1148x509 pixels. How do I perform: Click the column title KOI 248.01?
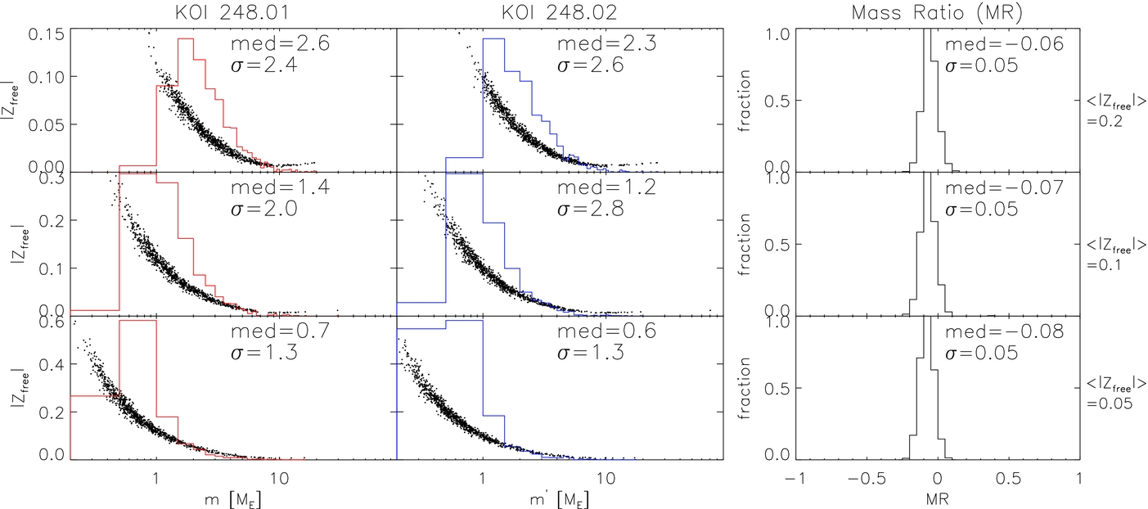232,12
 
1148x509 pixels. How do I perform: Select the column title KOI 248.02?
559,12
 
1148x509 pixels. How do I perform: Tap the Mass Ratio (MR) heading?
937,13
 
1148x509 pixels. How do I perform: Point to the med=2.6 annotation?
280,43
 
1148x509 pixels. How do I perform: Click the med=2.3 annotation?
607,43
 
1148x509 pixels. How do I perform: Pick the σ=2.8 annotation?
591,209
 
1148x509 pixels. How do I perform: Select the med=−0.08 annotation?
1004,331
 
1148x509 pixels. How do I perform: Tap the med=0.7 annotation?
280,331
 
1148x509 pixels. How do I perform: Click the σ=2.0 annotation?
264,209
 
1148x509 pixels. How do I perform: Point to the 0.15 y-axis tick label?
47,34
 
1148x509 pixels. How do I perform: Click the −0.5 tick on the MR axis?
867,479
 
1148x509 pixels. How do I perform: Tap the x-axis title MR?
938,498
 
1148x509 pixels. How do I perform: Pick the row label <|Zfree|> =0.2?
1115,110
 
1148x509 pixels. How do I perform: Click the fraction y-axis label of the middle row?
744,245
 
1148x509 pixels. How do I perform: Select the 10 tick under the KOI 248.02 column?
606,479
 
